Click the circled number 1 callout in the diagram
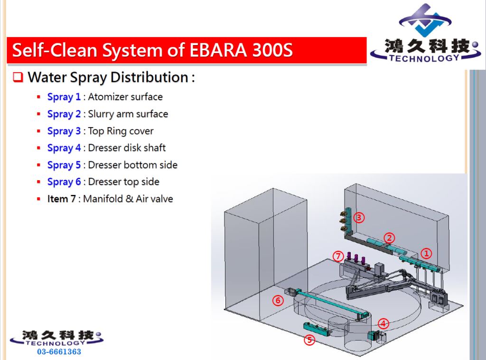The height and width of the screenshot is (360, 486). tap(426, 253)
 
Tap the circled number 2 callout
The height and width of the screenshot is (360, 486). tap(389, 238)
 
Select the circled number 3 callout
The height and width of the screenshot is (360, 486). tap(359, 218)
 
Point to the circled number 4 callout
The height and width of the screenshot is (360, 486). tap(383, 324)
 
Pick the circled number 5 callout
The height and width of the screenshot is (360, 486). tap(309, 340)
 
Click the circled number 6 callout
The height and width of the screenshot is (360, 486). tap(278, 300)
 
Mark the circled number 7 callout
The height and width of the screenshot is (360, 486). tap(338, 256)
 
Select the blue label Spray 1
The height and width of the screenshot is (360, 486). tap(64, 97)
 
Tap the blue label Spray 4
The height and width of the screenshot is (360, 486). tap(64, 148)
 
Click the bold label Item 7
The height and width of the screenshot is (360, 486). tap(61, 199)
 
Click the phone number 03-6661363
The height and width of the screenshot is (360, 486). tap(59, 351)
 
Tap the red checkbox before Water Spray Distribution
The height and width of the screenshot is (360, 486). tap(18, 77)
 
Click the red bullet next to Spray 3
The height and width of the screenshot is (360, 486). tap(38, 131)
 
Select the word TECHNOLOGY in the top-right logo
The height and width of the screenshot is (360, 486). tap(424, 58)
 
